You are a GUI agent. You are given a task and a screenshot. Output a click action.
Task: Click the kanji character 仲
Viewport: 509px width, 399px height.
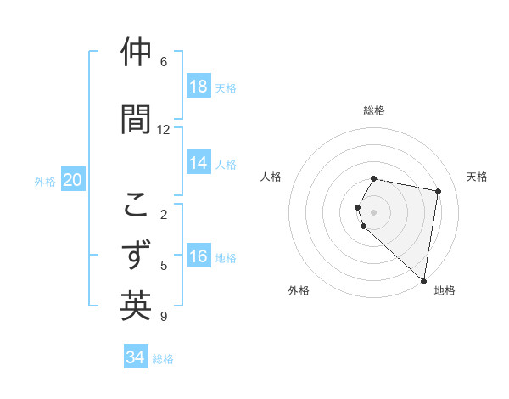pos(136,53)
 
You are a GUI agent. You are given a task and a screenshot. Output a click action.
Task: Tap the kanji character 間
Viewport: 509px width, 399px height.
pos(136,119)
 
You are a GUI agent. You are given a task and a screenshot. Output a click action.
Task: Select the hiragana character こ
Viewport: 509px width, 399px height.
pos(136,205)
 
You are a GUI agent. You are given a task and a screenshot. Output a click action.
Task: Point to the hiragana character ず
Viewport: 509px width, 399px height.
pos(136,255)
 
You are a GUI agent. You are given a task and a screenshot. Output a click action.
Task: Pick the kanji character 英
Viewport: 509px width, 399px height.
pos(136,306)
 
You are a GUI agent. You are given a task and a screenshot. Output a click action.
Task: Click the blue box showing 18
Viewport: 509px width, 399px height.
pos(199,86)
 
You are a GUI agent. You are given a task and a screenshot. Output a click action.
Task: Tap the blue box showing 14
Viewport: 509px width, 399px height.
pos(199,163)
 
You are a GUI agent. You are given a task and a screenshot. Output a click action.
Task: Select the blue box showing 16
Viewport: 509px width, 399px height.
pos(199,256)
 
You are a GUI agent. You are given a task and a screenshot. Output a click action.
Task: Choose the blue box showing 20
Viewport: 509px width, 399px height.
pos(73,180)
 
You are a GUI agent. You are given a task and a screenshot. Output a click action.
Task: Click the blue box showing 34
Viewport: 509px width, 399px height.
pos(136,357)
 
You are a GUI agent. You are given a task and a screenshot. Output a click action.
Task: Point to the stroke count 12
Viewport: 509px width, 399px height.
pos(164,130)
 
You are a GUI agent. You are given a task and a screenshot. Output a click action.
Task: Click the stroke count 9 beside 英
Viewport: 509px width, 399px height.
pos(164,317)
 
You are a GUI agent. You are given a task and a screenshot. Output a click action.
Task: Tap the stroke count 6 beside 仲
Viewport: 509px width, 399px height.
pos(164,62)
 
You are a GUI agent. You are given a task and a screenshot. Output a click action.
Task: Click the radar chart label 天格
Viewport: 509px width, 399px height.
pos(478,177)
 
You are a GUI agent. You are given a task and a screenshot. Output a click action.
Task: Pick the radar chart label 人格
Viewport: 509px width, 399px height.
pos(271,177)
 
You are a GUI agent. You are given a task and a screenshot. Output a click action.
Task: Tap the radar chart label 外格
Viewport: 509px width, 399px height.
pos(299,290)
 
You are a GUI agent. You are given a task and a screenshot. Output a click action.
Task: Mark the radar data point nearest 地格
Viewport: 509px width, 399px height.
pos(423,279)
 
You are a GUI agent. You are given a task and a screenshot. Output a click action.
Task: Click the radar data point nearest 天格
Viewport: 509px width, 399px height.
pos(438,192)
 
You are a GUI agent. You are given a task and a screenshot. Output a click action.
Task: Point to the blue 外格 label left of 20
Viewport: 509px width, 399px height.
pos(45,181)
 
